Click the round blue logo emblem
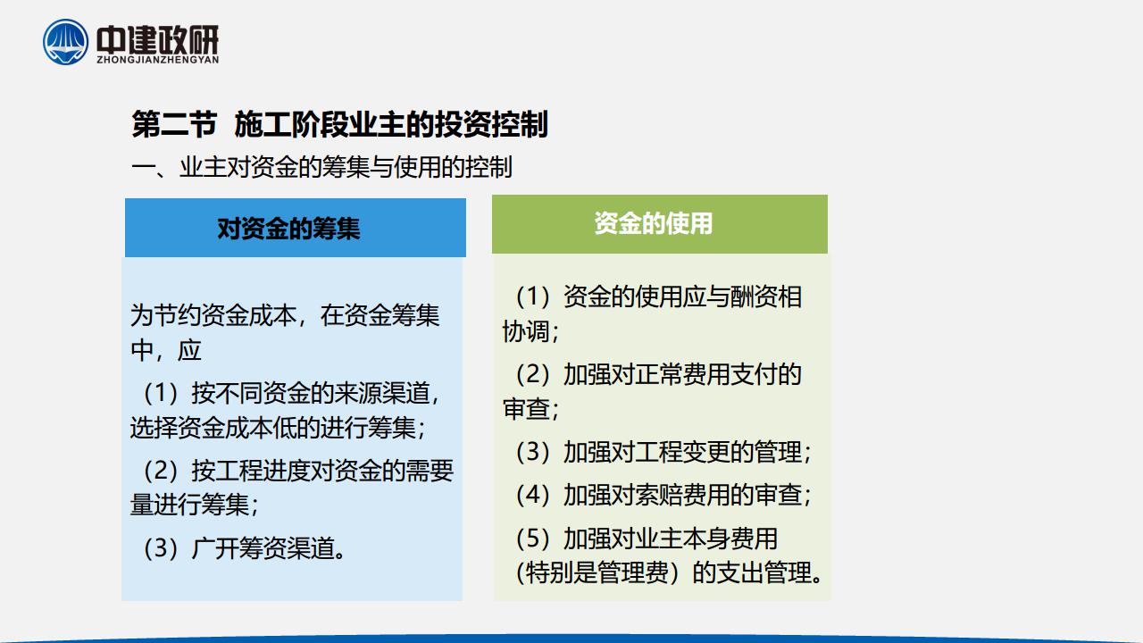[x=65, y=42]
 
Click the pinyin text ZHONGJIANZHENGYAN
[x=158, y=60]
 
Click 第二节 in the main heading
[x=174, y=124]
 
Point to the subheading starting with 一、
[x=321, y=167]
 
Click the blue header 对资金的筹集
[x=288, y=228]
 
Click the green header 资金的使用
[x=653, y=223]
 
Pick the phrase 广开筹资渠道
[x=263, y=548]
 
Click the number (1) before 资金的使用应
[x=532, y=296]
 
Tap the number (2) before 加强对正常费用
[x=532, y=374]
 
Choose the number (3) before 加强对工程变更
[x=532, y=452]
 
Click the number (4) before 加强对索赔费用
[x=532, y=495]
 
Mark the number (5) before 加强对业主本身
[x=532, y=538]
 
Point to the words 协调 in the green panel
[x=526, y=331]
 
